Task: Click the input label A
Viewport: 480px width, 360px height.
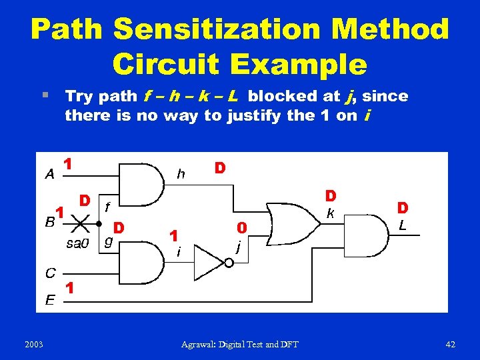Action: pos(49,175)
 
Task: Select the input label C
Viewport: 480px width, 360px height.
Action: pos(50,273)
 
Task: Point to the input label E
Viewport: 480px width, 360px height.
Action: pos(50,301)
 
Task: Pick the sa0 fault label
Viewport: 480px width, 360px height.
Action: pos(77,243)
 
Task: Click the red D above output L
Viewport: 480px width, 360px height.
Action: pos(403,209)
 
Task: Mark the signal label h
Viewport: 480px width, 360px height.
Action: pos(181,174)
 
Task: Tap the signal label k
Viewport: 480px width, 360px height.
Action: pos(329,213)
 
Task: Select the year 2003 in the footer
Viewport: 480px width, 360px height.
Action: pos(33,344)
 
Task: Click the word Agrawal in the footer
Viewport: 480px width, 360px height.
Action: pos(200,344)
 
